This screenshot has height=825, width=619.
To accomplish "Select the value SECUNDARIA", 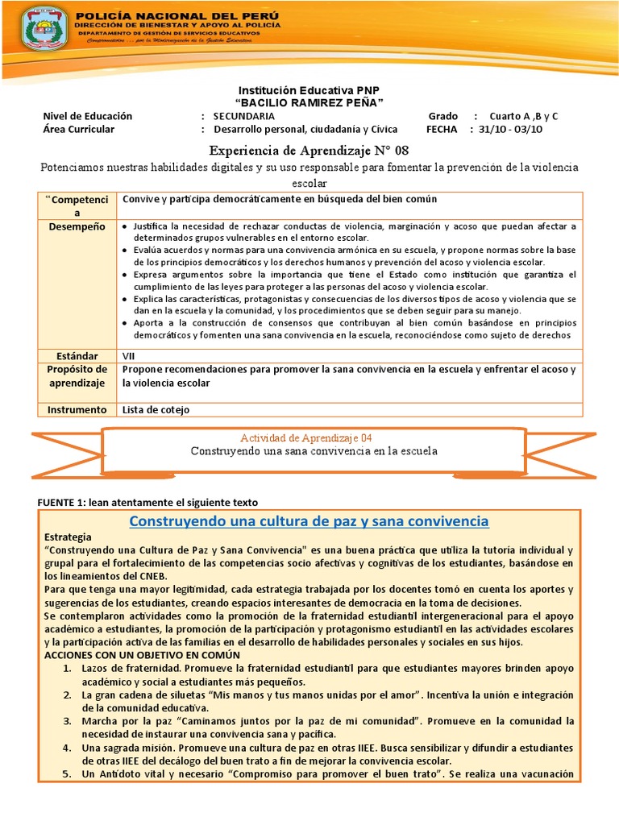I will (x=244, y=116).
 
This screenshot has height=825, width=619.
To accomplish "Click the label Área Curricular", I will (x=78, y=129).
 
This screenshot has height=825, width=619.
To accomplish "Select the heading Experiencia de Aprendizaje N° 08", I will (x=309, y=150).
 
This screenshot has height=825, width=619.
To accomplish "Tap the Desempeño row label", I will (x=77, y=227).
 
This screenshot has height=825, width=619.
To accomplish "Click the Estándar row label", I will (x=77, y=355).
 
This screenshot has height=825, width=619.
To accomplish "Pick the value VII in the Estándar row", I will (x=129, y=355).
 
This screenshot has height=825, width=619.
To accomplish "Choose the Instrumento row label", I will (x=77, y=409).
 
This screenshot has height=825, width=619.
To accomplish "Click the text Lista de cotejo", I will (x=156, y=409).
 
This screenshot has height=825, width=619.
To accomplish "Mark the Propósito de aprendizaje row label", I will (x=77, y=376).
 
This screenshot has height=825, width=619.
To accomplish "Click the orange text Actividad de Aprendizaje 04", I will (x=307, y=437).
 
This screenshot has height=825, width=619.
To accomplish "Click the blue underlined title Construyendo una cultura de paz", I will (x=309, y=520).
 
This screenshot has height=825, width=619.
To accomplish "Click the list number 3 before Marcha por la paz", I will (x=66, y=720).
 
